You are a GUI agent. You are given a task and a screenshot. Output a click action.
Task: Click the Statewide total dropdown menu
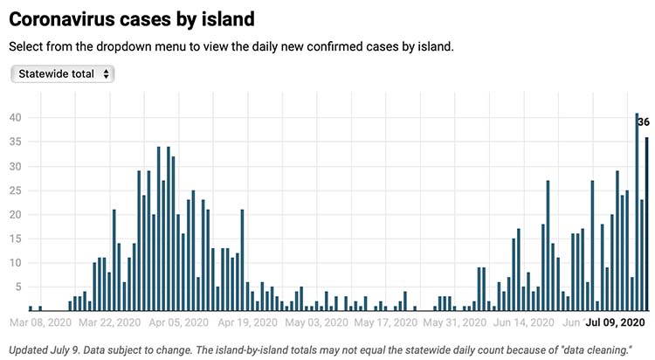pos(63,74)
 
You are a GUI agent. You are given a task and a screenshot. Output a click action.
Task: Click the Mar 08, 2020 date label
pos(40,323)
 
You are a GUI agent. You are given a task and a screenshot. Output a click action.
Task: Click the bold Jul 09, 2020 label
pos(616,323)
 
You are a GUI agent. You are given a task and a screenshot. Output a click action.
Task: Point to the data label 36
pos(644,122)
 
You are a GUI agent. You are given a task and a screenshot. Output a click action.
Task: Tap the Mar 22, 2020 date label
pos(106,323)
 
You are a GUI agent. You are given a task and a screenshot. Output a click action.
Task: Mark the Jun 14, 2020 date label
pos(522,323)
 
